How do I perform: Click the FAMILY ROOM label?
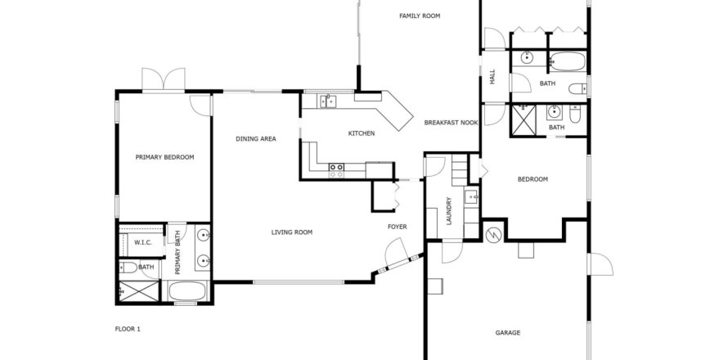[420, 16]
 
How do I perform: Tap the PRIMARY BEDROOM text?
[164, 157]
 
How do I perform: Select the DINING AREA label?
[256, 138]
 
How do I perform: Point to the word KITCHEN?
[362, 133]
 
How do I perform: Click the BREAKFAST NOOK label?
[451, 123]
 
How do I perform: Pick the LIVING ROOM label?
[291, 232]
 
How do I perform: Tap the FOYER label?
[397, 227]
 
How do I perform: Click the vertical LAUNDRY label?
[448, 211]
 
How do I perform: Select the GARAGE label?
[507, 333]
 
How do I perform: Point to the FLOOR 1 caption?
[128, 330]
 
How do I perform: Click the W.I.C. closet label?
[143, 242]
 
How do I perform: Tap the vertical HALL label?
[492, 76]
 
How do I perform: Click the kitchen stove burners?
[337, 170]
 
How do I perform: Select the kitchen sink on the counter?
[328, 101]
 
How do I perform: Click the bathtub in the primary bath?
[187, 291]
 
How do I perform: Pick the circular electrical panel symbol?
[493, 235]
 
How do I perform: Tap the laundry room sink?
[472, 197]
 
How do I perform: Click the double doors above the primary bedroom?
[164, 79]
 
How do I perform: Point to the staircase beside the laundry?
[459, 170]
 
